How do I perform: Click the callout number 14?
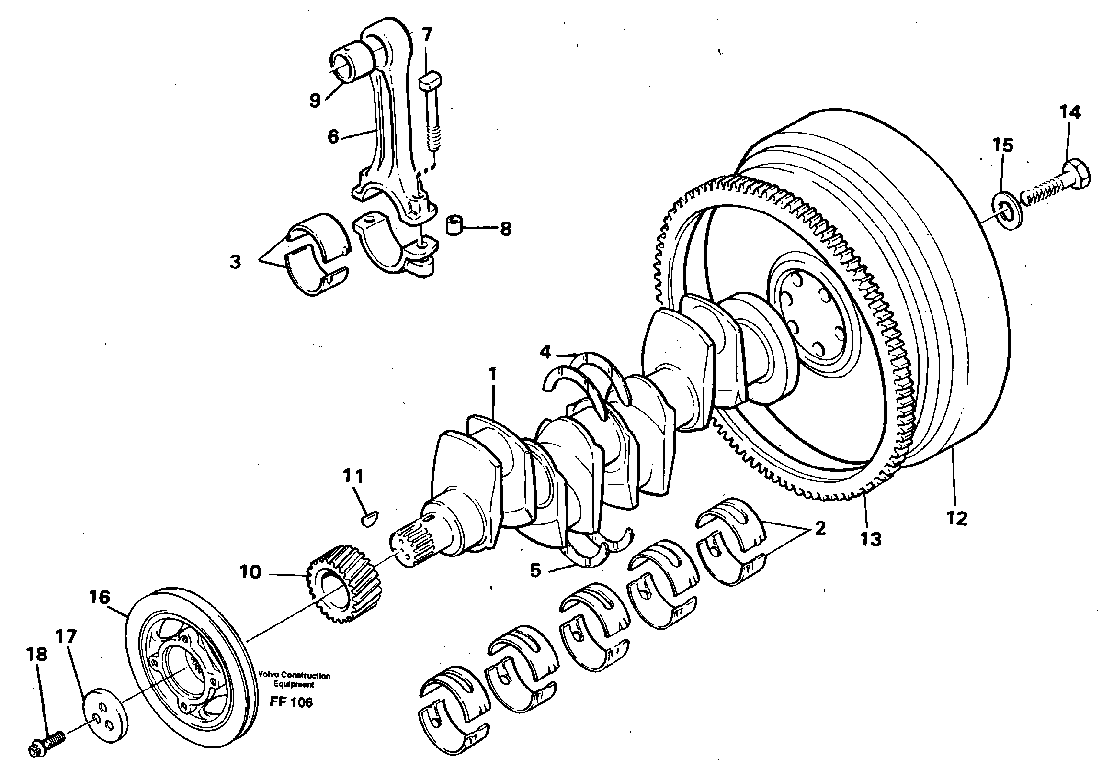point(1070,112)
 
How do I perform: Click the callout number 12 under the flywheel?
point(957,519)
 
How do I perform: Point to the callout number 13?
point(871,539)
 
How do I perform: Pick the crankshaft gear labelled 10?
point(342,583)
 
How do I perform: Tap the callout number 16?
point(99,598)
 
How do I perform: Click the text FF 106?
point(291,702)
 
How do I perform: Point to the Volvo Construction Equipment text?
point(294,679)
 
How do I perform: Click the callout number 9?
point(315,100)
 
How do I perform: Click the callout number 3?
point(235,262)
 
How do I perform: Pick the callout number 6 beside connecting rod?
point(333,137)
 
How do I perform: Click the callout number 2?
point(820,529)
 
